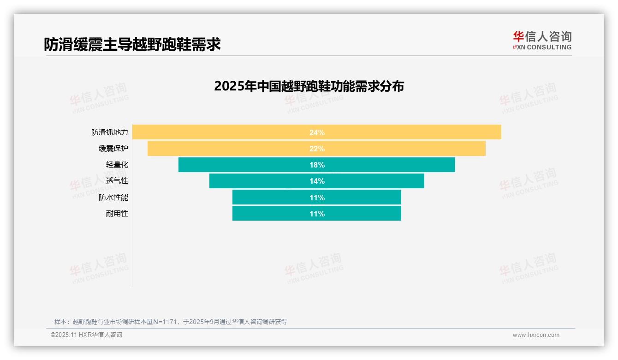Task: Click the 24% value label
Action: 317,132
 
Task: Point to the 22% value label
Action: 317,149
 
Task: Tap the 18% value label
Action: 317,165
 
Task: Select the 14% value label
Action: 317,181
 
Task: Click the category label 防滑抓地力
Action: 110,132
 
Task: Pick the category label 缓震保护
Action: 113,149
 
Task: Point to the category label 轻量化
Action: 117,165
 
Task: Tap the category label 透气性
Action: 117,181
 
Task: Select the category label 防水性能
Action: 113,198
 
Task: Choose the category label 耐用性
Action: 117,214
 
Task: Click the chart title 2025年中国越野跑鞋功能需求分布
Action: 309,86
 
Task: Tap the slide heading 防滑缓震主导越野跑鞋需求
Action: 132,44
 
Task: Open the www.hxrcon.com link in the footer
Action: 536,335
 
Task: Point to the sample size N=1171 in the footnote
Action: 165,322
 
